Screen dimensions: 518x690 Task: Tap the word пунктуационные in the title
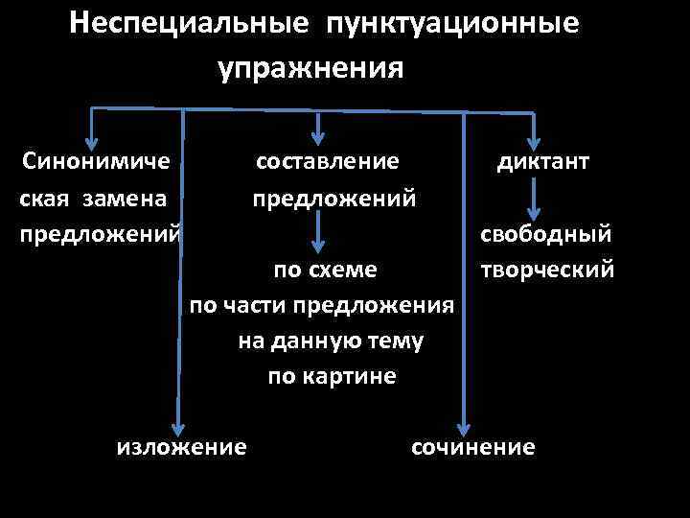(452, 22)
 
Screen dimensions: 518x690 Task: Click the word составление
(327, 160)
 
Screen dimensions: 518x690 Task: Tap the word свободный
(546, 234)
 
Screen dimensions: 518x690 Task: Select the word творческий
(546, 270)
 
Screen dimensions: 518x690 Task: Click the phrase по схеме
(325, 271)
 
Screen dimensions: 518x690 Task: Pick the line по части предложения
(320, 306)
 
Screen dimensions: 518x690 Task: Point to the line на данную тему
(330, 341)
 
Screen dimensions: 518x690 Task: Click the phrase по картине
(332, 376)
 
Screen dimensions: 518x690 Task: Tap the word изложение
(180, 446)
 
